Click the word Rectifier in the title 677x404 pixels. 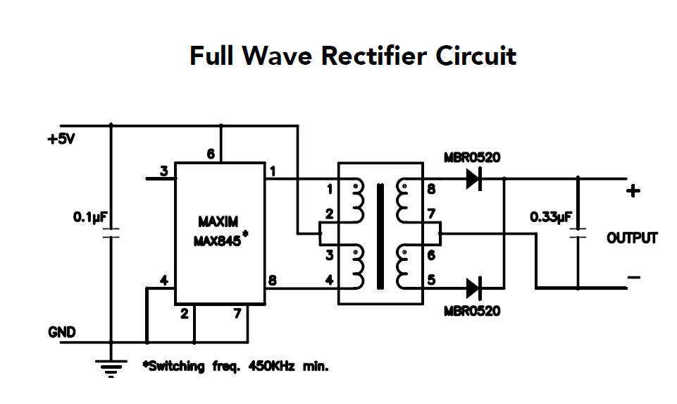373,56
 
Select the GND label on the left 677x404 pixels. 61,332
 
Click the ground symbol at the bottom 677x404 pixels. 111,367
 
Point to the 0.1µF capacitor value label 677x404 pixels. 89,218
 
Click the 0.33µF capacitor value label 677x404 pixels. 550,218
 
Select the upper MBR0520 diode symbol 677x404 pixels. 475,179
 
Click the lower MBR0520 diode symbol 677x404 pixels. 475,288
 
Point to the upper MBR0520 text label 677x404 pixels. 472,157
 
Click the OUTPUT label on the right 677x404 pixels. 632,238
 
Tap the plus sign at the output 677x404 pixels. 633,190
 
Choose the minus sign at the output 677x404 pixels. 633,278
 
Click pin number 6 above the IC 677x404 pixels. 211,154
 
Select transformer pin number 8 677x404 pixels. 431,189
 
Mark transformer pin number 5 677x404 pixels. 431,280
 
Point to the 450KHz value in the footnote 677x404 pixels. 271,367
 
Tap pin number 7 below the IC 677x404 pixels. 237,314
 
